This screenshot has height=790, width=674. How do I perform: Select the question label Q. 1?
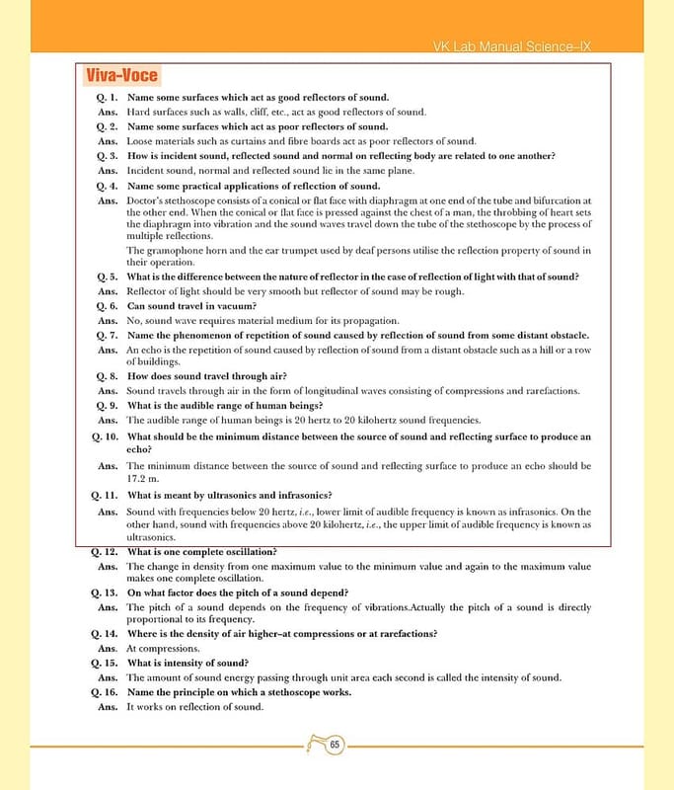coord(108,97)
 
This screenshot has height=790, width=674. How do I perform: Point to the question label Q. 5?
coord(108,276)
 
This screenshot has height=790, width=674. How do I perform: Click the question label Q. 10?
coord(105,435)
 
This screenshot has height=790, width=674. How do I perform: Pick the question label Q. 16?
coord(105,692)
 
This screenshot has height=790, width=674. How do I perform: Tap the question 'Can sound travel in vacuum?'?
coord(192,306)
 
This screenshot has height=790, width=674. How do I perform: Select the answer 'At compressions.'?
coord(164,648)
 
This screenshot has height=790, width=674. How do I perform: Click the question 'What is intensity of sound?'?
coord(188,663)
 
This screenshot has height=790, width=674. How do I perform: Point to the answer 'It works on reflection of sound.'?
coord(195,707)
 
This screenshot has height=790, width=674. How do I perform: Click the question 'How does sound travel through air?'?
coord(207,376)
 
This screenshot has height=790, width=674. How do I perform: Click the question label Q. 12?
coord(105,551)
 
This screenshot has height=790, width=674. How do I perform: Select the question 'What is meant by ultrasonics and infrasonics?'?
coord(230,495)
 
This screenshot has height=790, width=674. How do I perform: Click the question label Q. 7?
coord(108,336)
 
